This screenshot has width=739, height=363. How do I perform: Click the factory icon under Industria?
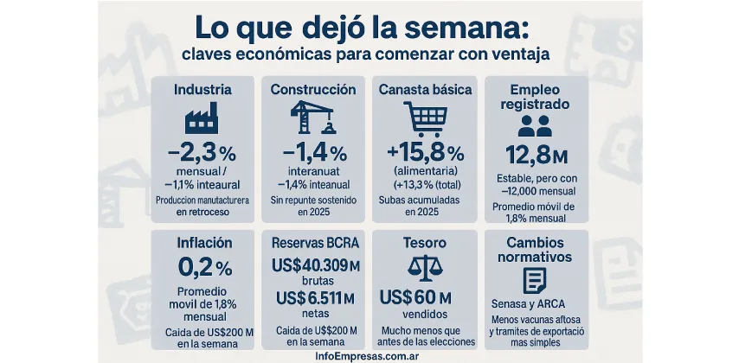pos(202,118)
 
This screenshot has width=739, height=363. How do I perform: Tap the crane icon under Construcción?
pos(312,118)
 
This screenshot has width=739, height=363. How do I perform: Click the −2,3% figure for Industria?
pos(202,154)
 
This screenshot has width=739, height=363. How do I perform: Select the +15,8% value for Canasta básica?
pos(425,154)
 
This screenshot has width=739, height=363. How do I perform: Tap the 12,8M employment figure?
pos(535,156)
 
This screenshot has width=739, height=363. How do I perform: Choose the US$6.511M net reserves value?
pos(312,299)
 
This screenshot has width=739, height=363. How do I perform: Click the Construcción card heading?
pos(312,89)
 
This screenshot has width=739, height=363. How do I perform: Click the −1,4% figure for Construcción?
pos(312,154)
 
